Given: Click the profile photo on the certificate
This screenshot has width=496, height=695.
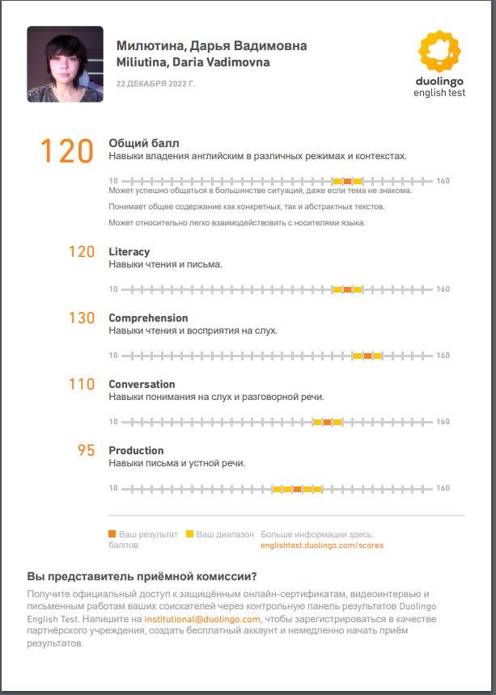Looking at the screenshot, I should pos(65,64).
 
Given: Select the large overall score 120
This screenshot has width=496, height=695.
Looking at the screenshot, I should pos(67,150).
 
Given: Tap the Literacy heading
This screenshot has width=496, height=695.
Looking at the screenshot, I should pos(129,251).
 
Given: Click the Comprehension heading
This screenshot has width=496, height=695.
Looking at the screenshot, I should pos(148,318).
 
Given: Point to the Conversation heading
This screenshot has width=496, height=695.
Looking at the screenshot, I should pos(142,384).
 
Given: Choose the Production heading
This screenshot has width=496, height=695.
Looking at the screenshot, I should pos(136,450).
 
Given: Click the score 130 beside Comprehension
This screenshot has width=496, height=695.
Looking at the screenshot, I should pos(81,318).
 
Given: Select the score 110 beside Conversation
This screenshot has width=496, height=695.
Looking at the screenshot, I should pos(81,385).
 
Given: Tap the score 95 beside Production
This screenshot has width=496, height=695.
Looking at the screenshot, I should pos(86,451).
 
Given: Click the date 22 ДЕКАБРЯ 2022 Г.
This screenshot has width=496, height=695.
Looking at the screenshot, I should pos(156,83).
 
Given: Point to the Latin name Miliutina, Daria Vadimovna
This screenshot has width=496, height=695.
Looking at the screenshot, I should pos(193,62).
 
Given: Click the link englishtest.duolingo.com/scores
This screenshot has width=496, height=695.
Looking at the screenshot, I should pos(322,545).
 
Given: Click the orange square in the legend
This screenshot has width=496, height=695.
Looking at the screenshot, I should pos(112,534).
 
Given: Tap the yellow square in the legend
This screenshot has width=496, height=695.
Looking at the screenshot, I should pos(189,534).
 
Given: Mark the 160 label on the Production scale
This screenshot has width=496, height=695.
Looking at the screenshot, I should pos(443,488).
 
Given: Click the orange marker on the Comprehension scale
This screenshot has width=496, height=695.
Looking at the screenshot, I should pos(367,356).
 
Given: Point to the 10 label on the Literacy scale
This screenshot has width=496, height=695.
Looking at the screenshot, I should pos(113,289).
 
